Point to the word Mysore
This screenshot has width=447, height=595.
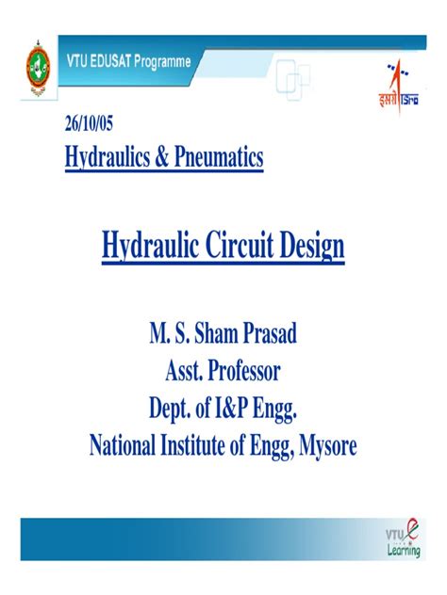pyautogui.click(x=325, y=444)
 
